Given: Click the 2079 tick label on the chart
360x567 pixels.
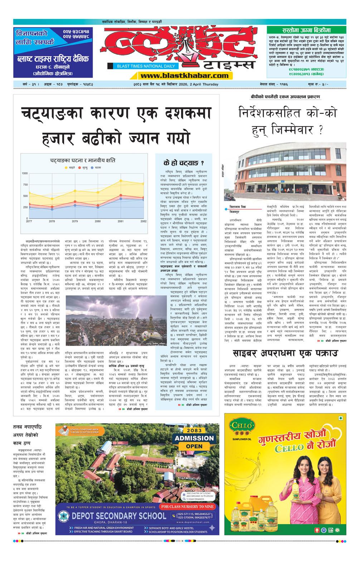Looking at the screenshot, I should (x=75, y=221).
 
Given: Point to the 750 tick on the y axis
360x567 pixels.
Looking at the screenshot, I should (x=25, y=185).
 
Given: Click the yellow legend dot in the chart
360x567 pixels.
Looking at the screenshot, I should (x=66, y=168).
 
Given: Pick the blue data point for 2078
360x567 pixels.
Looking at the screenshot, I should (x=52, y=209).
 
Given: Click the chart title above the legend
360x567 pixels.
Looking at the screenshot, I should (x=83, y=161).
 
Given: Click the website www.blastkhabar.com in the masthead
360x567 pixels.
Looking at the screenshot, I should (x=184, y=76).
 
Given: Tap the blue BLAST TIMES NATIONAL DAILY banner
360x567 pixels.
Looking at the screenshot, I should (x=146, y=66).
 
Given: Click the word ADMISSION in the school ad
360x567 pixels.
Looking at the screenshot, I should (x=194, y=438).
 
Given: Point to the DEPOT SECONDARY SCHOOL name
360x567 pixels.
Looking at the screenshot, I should (x=119, y=516).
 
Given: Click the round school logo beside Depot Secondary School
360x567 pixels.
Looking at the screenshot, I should (x=64, y=516).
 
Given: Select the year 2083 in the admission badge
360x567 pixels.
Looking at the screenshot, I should (x=194, y=430).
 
